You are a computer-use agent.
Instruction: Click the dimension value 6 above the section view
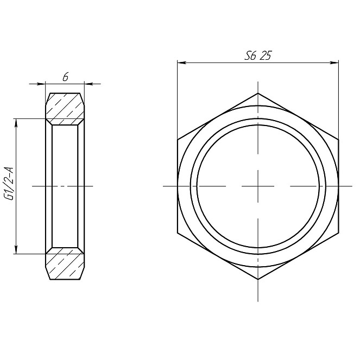(65, 78)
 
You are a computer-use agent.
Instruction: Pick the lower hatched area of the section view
(65, 264)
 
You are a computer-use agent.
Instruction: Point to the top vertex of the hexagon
(258, 93)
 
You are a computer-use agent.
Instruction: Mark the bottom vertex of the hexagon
(258, 279)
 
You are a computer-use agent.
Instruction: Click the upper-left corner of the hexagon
(178, 140)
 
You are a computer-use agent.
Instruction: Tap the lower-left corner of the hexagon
(178, 233)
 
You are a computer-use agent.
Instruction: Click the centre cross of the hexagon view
(258, 186)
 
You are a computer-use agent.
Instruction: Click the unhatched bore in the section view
(65, 186)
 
